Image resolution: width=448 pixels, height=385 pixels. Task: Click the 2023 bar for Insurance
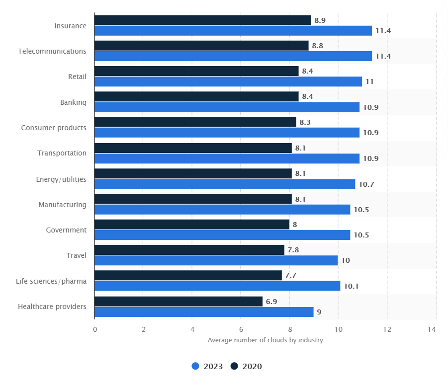click(233, 31)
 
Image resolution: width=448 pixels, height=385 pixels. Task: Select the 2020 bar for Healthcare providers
click(179, 302)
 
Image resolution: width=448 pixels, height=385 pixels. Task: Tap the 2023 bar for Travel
click(216, 260)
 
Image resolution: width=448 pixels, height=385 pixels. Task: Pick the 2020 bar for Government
click(192, 225)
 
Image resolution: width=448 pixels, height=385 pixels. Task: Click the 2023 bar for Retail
click(228, 81)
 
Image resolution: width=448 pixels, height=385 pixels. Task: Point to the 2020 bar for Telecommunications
click(201, 46)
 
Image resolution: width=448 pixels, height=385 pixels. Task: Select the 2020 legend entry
click(246, 366)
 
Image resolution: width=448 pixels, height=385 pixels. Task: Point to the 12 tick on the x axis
click(387, 329)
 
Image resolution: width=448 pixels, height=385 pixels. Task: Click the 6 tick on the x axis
click(241, 329)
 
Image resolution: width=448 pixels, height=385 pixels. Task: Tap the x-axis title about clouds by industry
click(265, 340)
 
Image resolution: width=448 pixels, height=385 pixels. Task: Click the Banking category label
click(73, 102)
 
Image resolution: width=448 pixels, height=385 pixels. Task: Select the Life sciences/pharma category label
click(51, 281)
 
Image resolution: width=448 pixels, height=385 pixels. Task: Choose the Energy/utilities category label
click(61, 179)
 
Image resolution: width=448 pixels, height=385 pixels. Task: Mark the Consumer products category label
click(54, 128)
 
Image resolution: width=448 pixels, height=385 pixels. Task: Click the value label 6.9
click(271, 302)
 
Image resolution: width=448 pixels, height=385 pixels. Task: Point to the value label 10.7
click(366, 184)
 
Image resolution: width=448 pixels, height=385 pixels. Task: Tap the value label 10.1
click(351, 286)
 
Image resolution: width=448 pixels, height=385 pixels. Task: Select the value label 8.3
click(305, 122)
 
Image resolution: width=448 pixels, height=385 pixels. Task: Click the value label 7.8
click(293, 250)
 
